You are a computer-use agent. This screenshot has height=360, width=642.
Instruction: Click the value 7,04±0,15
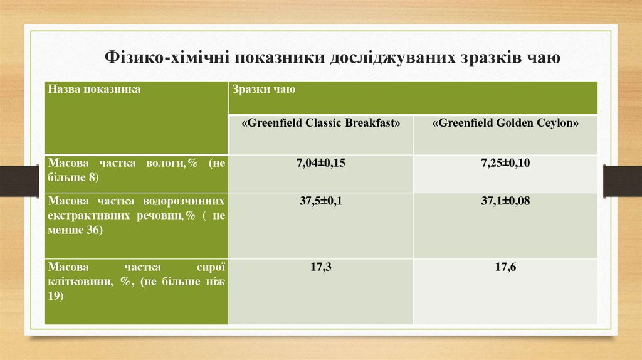coord(321,164)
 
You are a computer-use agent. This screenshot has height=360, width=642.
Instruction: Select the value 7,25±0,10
coord(505,164)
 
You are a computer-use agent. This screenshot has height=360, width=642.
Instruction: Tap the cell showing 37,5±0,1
coord(321,201)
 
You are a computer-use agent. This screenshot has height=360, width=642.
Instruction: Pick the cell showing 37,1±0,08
coord(505,201)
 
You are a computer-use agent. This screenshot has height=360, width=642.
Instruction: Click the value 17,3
coord(321,267)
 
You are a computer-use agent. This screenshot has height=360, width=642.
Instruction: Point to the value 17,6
coord(505,267)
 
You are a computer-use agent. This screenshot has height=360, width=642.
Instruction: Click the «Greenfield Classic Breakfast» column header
coord(320,124)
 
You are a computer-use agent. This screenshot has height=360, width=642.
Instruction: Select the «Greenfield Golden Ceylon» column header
coord(505,124)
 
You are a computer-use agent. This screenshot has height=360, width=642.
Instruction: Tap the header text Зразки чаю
coord(264,90)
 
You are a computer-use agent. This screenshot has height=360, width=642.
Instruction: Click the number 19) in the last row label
coord(56,296)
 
